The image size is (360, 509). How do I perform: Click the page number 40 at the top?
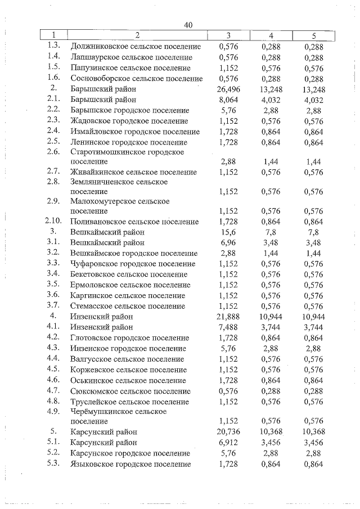pyautogui.click(x=188, y=25)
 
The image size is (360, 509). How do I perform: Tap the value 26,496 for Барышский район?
pyautogui.click(x=228, y=89)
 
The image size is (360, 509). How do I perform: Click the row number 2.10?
pyautogui.click(x=53, y=222)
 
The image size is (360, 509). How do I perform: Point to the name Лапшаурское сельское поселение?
pyautogui.click(x=132, y=57)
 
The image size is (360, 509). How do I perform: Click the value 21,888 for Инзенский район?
pyautogui.click(x=228, y=317)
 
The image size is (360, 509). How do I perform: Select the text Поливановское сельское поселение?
pyautogui.click(x=134, y=222)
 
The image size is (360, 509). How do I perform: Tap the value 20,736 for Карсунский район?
pyautogui.click(x=228, y=432)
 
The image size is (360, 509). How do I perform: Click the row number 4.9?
pyautogui.click(x=53, y=411)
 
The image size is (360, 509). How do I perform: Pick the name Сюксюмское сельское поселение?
pyautogui.click(x=130, y=391)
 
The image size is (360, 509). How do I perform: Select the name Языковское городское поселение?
pyautogui.click(x=130, y=464)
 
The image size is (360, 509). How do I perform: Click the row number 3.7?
pyautogui.click(x=53, y=306)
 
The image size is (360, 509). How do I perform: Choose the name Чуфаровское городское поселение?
pyautogui.click(x=133, y=264)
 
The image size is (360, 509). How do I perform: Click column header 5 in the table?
pyautogui.click(x=313, y=36)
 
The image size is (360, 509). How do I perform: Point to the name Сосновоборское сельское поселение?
pyautogui.click(x=136, y=78)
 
